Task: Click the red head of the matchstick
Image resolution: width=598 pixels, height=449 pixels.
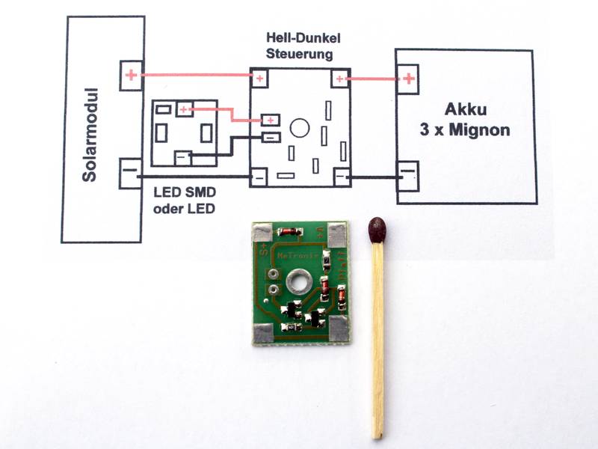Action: tap(377, 229)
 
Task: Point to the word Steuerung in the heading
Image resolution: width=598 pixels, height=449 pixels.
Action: tap(299, 55)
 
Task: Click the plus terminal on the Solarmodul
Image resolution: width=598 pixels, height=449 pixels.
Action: tap(131, 75)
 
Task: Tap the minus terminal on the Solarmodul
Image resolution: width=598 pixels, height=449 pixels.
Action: tap(130, 174)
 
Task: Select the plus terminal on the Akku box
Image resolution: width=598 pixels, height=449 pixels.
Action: tap(408, 78)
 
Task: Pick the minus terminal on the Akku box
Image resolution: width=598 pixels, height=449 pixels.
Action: tap(407, 177)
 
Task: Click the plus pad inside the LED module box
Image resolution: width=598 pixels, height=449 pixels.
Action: tap(185, 110)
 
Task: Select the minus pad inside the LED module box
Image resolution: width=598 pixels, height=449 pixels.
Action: tap(183, 157)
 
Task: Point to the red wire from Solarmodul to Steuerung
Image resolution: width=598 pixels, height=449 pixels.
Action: tap(194, 75)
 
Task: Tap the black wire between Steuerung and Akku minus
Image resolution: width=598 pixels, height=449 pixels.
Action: tap(374, 177)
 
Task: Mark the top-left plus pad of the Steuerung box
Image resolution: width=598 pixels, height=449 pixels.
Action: tap(259, 78)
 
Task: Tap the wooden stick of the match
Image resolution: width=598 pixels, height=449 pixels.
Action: tap(378, 337)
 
